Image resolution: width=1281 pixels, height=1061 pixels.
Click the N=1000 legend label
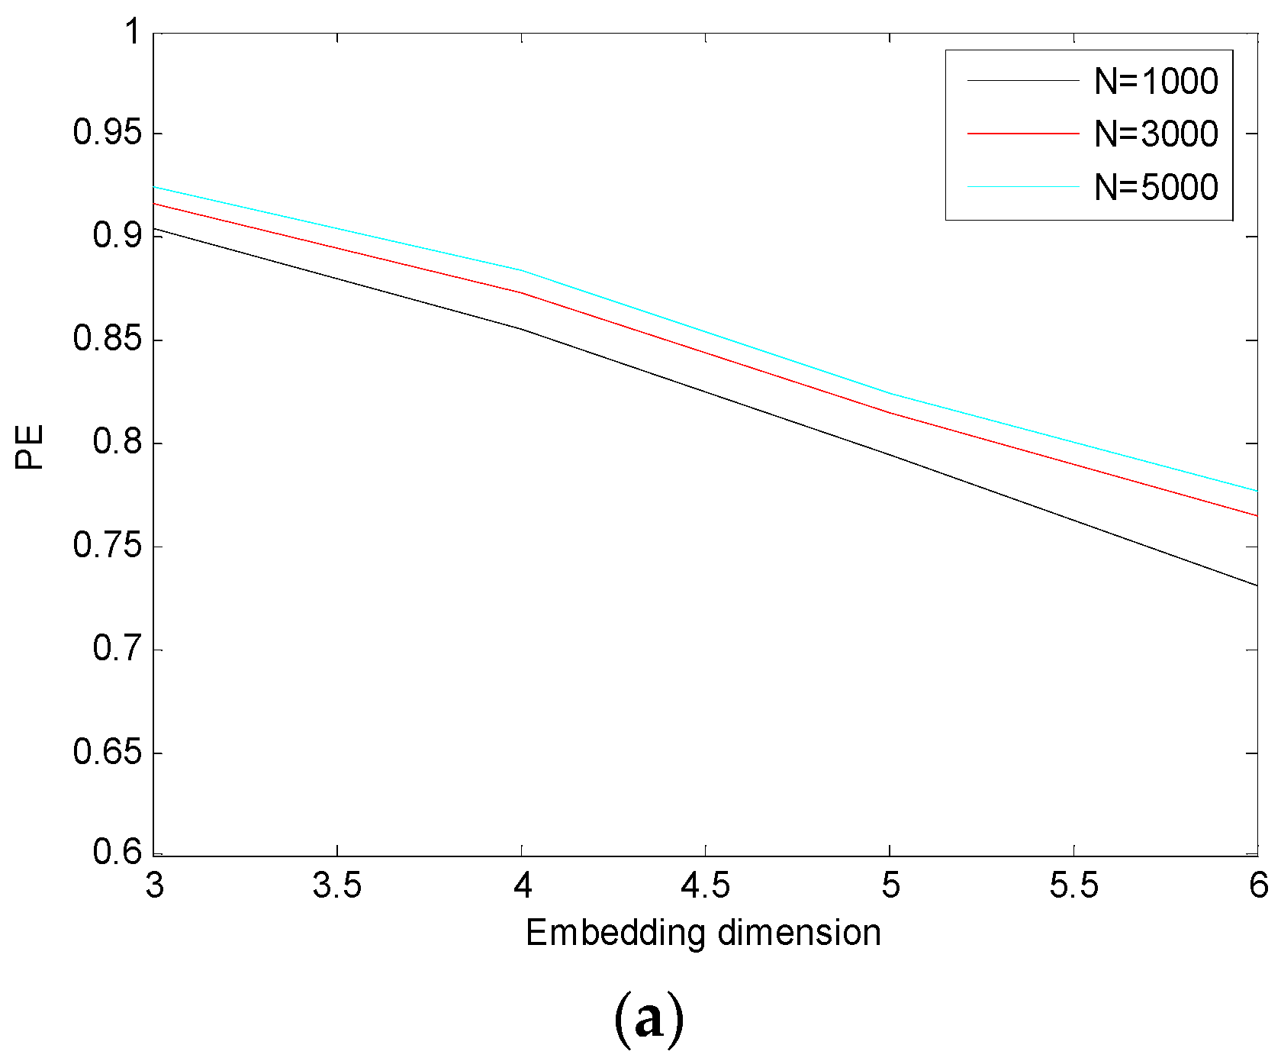1156,81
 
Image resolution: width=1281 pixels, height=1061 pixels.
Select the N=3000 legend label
1156,134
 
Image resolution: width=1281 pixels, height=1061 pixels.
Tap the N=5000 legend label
1156,187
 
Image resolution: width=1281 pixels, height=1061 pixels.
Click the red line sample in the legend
1023,134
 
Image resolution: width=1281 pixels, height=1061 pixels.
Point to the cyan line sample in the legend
1023,186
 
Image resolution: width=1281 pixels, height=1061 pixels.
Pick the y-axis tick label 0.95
108,133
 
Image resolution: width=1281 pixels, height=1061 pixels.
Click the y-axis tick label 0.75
108,547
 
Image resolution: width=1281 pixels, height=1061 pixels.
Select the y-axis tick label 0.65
108,753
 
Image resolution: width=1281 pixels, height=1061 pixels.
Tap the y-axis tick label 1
133,32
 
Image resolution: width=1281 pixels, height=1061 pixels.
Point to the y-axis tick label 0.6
117,853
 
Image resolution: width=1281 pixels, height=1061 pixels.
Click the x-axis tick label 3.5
336,886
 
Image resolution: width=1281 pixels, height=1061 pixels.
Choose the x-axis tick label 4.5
705,886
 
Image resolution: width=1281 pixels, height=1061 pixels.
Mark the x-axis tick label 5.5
1073,886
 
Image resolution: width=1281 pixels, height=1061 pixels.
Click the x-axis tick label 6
1258,886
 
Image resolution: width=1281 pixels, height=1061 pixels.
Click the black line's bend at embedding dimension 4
522,329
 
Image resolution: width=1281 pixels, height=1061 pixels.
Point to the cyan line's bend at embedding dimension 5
890,394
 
